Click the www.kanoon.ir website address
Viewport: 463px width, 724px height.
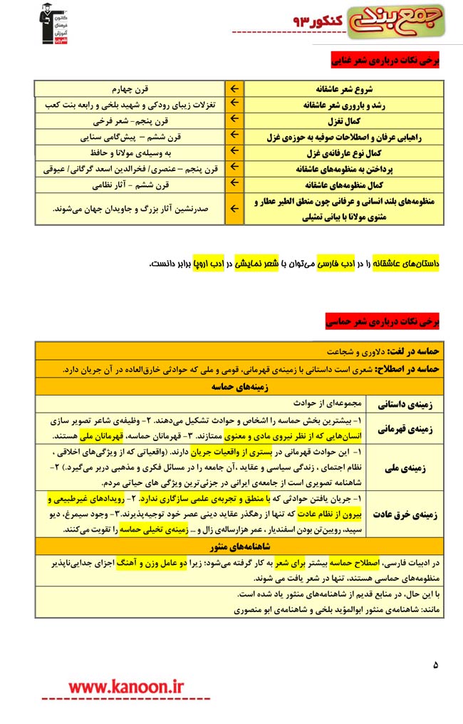126,686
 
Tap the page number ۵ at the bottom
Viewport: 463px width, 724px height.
435,665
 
